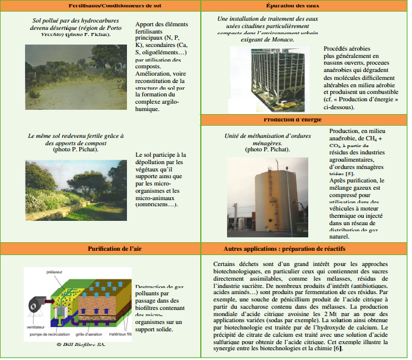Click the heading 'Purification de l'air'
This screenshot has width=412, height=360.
(x=101, y=248)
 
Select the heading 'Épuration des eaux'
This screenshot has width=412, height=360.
(x=306, y=5)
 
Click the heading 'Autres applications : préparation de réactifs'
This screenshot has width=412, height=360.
(x=306, y=248)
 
